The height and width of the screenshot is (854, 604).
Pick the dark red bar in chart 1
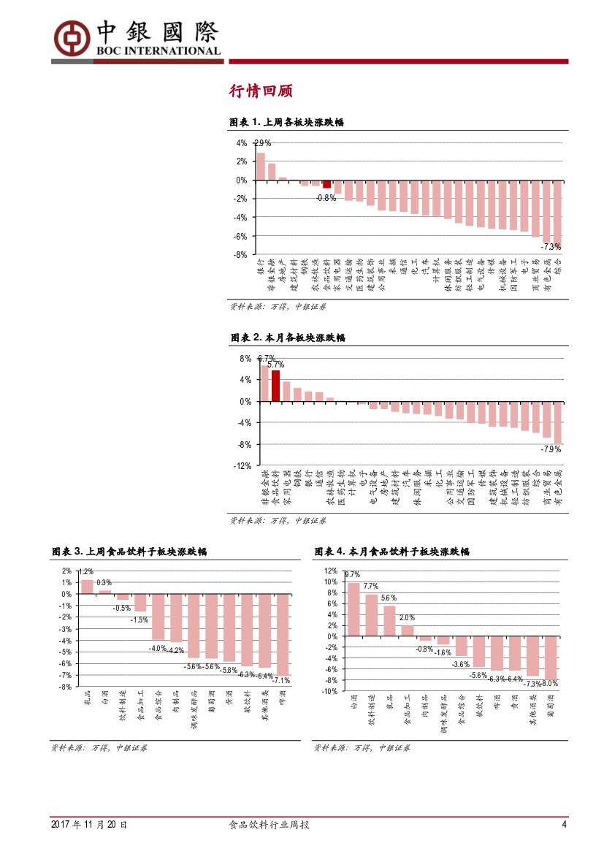click(x=327, y=184)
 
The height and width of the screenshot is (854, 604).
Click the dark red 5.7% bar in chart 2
click(x=275, y=386)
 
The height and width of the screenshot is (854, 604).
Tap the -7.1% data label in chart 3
click(x=281, y=680)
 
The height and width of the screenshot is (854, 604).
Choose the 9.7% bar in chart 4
click(x=353, y=609)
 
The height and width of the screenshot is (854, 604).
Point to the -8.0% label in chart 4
click(x=550, y=684)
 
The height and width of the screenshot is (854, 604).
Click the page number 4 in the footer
click(x=564, y=825)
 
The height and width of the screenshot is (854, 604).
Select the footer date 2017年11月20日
click(x=88, y=825)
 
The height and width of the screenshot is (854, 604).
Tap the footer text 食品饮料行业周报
click(x=269, y=825)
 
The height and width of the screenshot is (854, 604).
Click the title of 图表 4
click(x=391, y=552)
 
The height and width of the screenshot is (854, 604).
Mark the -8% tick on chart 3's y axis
click(x=66, y=687)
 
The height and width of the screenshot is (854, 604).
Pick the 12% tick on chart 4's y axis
click(x=330, y=571)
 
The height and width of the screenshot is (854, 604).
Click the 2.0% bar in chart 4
click(x=407, y=630)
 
